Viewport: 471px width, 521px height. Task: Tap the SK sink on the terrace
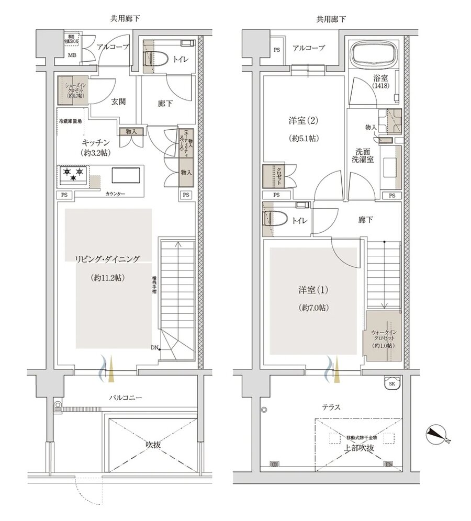coord(391,383)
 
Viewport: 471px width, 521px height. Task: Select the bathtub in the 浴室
coord(373,54)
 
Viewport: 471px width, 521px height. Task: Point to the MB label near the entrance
coord(71,54)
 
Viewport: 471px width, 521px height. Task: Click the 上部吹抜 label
coord(358,448)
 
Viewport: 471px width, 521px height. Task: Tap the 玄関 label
coord(118,102)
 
